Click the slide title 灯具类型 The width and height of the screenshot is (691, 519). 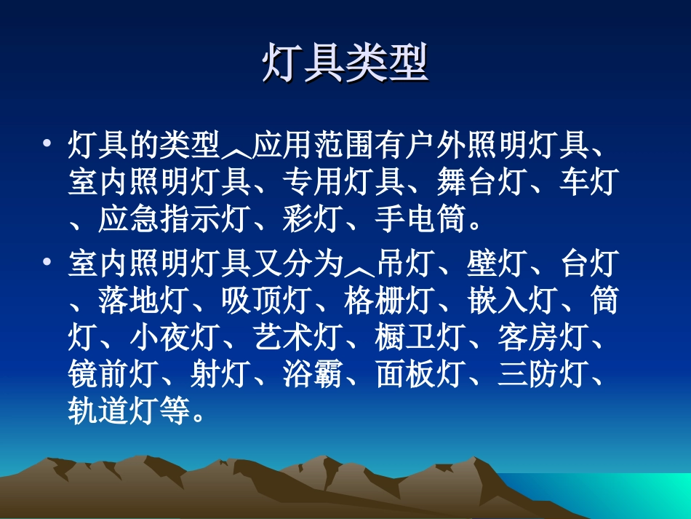pos(345,65)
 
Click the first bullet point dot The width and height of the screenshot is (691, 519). pos(47,143)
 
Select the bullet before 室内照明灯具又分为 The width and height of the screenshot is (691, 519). pos(47,261)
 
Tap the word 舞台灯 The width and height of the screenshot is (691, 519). pos(482,181)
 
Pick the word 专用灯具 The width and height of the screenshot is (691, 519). pos(343,181)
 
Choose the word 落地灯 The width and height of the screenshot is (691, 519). pos(144,301)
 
